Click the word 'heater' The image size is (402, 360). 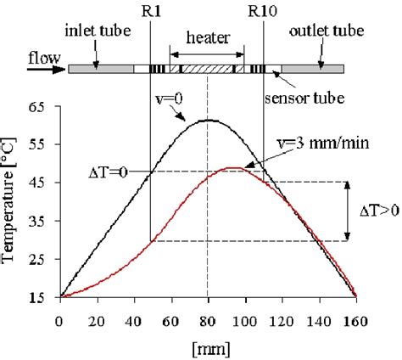click(206, 39)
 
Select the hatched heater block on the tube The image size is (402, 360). click(207, 68)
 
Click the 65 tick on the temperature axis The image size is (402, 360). click(38, 109)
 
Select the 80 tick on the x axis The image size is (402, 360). click(207, 321)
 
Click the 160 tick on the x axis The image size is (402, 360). click(355, 321)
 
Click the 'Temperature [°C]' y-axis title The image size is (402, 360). click(11, 203)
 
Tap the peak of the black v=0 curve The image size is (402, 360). click(208, 120)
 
